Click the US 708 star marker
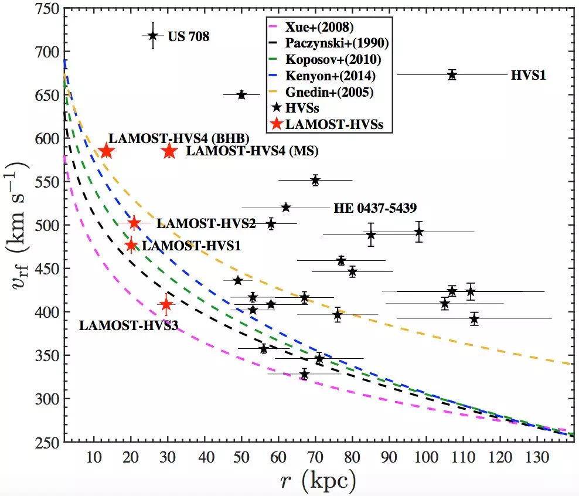pyautogui.click(x=153, y=35)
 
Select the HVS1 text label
pyautogui.click(x=528, y=75)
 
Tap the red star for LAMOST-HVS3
pyautogui.click(x=166, y=304)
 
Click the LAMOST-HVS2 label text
pyautogui.click(x=197, y=223)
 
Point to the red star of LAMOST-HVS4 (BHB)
pyautogui.click(x=106, y=151)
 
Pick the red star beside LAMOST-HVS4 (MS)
pyautogui.click(x=169, y=151)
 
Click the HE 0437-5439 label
pyautogui.click(x=375, y=208)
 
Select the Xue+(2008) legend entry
pyautogui.click(x=319, y=27)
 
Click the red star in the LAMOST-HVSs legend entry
pyautogui.click(x=275, y=124)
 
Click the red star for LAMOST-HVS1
pyautogui.click(x=131, y=245)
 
